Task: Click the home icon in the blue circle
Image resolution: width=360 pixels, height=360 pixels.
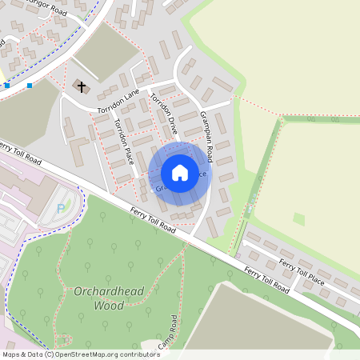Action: coord(180,173)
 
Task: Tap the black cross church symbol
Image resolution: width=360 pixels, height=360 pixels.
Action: coord(82,85)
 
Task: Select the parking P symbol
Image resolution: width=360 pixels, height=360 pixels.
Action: coord(62,210)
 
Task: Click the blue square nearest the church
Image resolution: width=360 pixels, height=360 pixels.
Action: coord(30,85)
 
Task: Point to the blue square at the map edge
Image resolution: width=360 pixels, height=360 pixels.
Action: coord(6,85)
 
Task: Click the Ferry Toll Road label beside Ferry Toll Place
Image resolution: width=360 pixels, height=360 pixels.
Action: coord(264,280)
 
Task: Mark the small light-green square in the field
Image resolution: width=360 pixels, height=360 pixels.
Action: coord(299,218)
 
